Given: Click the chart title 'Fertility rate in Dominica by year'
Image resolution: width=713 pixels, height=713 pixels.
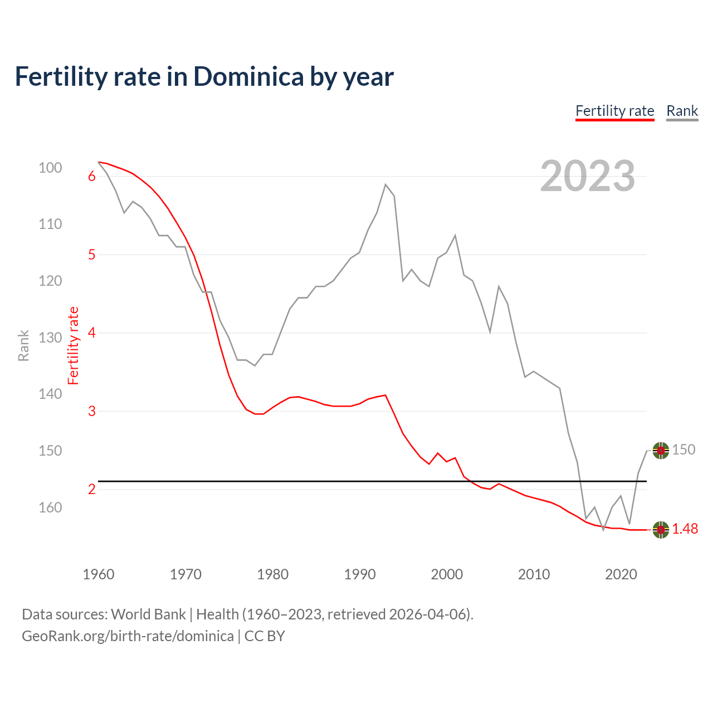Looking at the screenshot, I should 204,76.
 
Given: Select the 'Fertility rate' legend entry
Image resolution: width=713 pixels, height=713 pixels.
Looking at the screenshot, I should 614,111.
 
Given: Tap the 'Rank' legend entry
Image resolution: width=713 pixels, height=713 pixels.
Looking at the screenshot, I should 682,111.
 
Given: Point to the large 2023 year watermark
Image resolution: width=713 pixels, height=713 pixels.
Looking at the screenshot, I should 587,176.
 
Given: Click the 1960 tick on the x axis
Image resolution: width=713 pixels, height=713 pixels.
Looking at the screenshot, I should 99,574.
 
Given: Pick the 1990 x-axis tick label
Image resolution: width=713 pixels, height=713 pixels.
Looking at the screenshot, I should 360,574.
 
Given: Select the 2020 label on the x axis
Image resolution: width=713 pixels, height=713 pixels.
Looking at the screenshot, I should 621,574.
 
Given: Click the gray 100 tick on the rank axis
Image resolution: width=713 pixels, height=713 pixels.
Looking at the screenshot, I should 50,168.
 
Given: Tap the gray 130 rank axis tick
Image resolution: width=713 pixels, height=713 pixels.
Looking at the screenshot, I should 50,338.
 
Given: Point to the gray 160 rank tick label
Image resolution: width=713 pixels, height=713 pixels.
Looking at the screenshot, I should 50,507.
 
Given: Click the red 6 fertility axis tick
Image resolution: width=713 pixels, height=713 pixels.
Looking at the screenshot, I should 92,177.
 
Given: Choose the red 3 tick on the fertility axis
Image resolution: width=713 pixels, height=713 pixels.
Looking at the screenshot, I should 92,411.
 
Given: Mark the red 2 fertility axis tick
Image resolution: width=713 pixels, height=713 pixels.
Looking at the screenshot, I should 92,490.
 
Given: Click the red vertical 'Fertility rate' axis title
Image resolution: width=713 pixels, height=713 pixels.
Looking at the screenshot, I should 74,345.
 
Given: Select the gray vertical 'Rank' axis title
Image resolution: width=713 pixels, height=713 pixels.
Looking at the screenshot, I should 23,345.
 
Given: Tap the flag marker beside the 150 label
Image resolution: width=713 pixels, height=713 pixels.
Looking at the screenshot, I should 661,450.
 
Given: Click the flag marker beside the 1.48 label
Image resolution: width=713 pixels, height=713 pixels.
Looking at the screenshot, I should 661,530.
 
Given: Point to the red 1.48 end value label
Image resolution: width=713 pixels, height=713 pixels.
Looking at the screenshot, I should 685,529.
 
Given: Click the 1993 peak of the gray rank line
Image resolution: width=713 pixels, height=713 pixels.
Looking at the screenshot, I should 385,184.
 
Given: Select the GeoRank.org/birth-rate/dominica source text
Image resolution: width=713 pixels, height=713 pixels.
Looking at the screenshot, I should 128,636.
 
